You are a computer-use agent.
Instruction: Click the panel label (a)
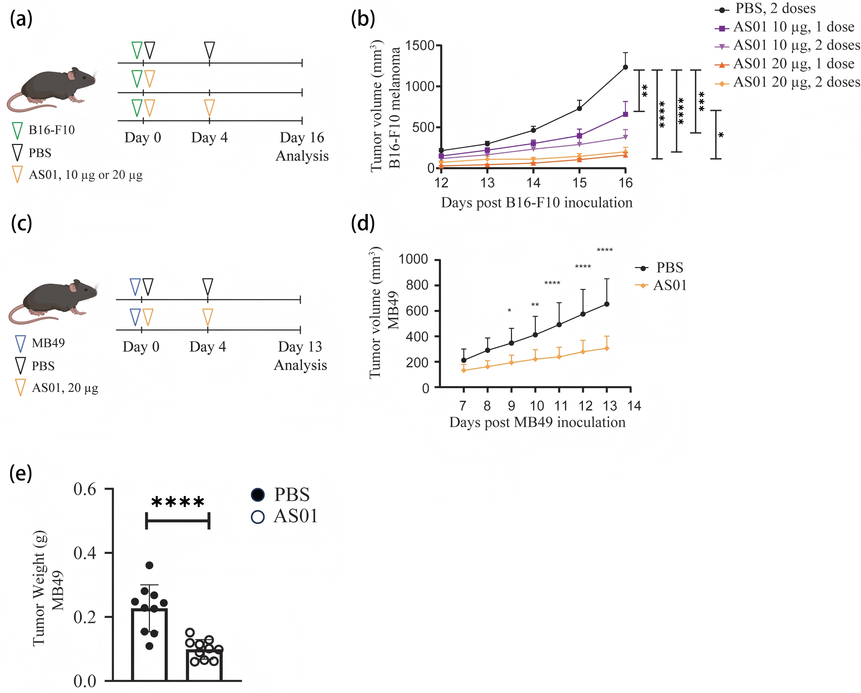pyautogui.click(x=21, y=19)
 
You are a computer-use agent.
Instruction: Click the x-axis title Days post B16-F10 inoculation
pyautogui.click(x=537, y=203)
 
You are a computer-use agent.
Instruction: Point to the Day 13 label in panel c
pyautogui.click(x=300, y=346)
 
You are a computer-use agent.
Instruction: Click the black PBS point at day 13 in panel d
pyautogui.click(x=607, y=304)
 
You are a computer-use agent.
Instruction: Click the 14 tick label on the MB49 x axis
pyautogui.click(x=634, y=406)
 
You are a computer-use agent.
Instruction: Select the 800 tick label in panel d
pyautogui.click(x=417, y=285)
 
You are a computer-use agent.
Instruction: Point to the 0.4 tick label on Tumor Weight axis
pyautogui.click(x=85, y=553)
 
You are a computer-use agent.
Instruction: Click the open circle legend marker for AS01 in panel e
pyautogui.click(x=258, y=517)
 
